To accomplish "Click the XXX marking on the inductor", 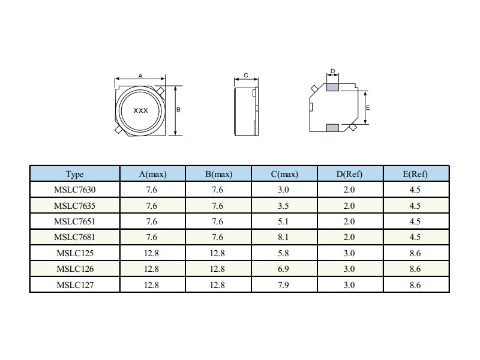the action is click(140, 110).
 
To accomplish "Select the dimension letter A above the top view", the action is click(140, 76).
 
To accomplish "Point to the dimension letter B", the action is click(178, 109).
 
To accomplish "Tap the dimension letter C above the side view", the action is click(246, 76).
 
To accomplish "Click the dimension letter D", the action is click(333, 71).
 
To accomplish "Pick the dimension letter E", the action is click(368, 108).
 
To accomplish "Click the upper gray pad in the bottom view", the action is click(332, 87).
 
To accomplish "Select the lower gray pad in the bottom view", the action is click(332, 128).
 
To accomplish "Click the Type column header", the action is click(74, 174).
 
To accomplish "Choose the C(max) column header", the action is click(284, 174).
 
